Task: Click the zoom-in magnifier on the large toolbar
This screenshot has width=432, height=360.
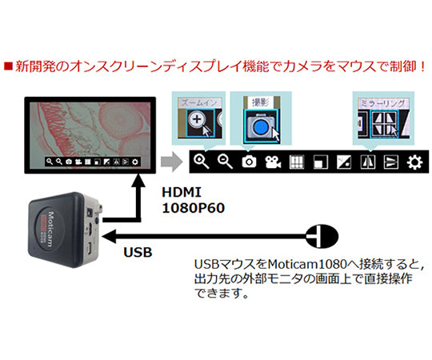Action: click(x=201, y=162)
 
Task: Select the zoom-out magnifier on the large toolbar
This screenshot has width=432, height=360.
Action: click(x=225, y=162)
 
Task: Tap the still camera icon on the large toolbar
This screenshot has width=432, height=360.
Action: click(x=249, y=162)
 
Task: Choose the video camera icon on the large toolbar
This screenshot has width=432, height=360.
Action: click(x=273, y=162)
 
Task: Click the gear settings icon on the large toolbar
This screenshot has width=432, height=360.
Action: click(x=414, y=162)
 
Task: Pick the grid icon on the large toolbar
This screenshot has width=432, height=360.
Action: click(x=296, y=162)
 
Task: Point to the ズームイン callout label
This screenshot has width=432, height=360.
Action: click(x=198, y=103)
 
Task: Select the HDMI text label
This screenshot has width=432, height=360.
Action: click(x=182, y=193)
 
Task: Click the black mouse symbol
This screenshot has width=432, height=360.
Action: click(x=322, y=235)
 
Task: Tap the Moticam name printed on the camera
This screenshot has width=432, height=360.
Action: click(x=47, y=219)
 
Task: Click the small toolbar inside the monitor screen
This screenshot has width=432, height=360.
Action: click(x=93, y=162)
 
